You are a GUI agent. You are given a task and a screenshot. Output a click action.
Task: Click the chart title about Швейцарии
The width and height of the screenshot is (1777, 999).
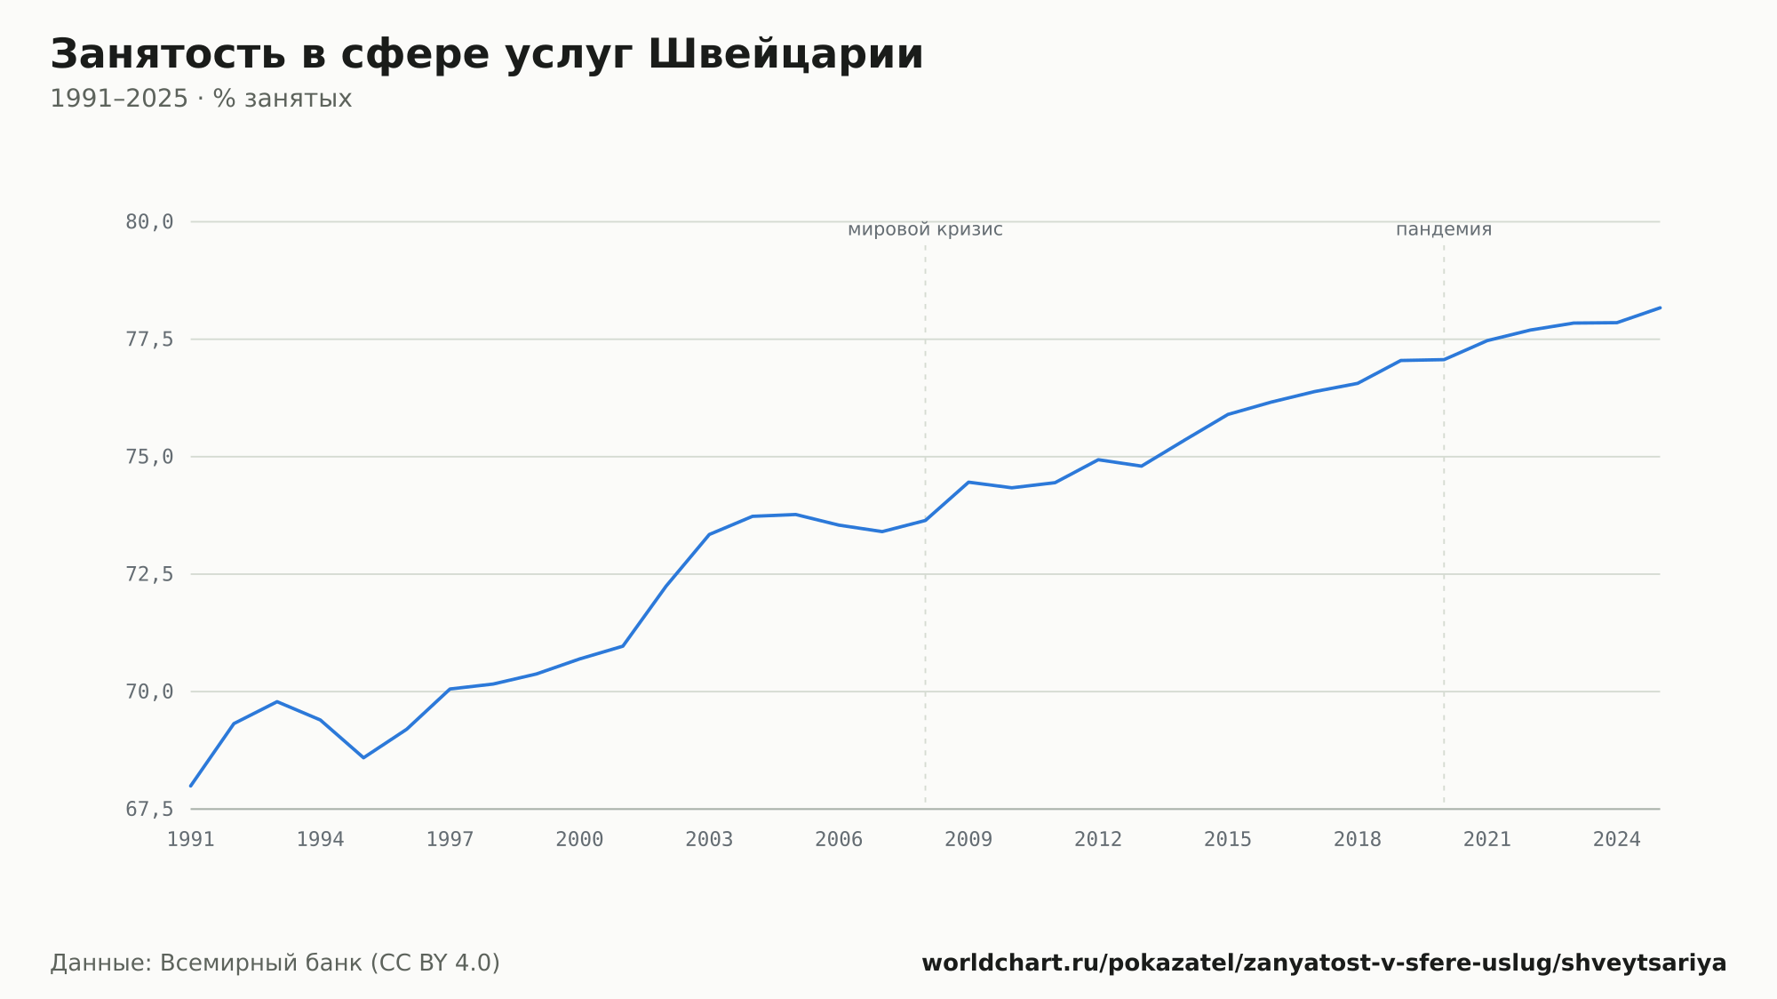point(487,55)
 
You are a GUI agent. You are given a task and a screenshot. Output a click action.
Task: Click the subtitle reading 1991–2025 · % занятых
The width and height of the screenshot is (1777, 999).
point(201,99)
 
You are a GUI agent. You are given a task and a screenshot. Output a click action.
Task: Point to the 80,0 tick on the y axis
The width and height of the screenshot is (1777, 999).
point(149,222)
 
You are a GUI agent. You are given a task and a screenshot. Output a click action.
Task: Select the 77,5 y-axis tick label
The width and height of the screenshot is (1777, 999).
point(149,340)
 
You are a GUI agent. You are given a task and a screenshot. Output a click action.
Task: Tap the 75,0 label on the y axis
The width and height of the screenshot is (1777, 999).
point(149,457)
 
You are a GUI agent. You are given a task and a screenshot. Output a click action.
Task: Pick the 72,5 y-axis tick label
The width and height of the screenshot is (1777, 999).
point(149,574)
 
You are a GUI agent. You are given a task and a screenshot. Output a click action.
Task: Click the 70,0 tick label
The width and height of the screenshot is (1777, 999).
point(149,691)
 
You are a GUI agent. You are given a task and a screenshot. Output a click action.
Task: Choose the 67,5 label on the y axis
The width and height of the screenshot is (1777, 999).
point(149,809)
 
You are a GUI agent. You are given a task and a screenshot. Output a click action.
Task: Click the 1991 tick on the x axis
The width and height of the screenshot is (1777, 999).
point(191,840)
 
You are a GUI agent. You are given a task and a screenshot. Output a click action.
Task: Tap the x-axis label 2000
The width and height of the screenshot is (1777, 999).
point(579,840)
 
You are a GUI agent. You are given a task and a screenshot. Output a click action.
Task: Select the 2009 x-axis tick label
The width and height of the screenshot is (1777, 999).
point(968,840)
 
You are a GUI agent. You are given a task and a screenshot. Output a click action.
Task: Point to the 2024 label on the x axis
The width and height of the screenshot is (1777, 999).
point(1617,840)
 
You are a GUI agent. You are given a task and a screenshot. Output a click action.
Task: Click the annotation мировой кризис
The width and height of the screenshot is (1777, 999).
point(925,229)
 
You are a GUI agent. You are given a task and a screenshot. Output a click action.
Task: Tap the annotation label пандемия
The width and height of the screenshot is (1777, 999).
point(1444,229)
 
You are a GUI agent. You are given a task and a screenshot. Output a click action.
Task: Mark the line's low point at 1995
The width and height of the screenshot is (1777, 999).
point(363,757)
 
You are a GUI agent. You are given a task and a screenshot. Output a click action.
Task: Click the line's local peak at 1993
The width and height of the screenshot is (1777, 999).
point(277,701)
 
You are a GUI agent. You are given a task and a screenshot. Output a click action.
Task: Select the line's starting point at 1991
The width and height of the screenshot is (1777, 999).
point(191,786)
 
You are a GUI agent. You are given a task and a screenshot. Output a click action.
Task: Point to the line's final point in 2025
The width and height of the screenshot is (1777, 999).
point(1660,308)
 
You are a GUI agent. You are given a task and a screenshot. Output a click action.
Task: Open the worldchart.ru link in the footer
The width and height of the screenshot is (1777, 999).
point(1324,963)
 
